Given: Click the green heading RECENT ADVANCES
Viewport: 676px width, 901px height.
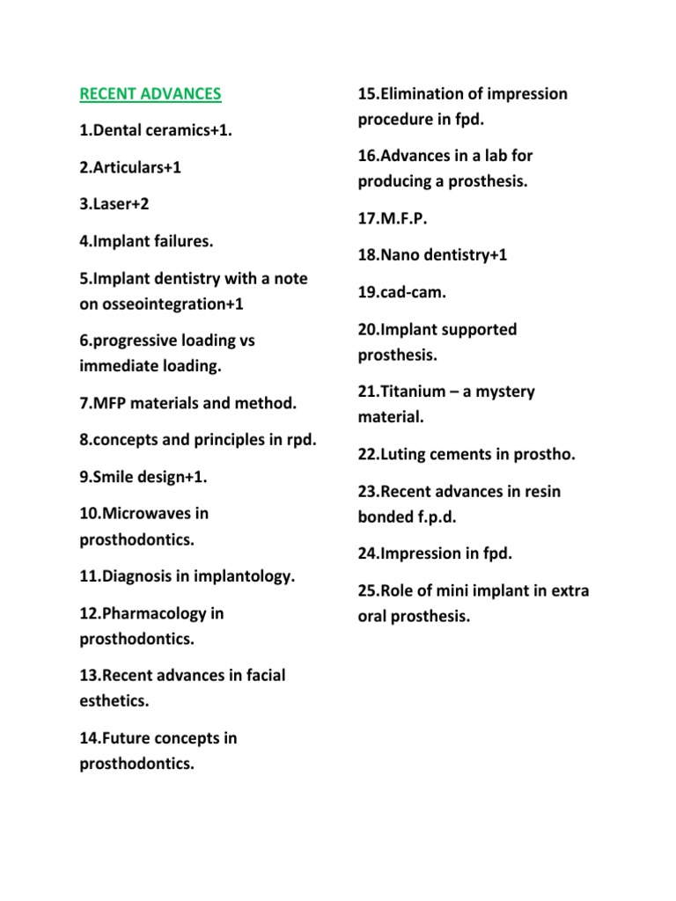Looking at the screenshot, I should point(150,93).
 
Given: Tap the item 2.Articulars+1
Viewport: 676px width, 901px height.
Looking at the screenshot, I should point(130,167).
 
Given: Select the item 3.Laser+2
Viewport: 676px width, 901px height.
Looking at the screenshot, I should point(115,203).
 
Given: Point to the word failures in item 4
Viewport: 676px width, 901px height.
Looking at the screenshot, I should point(183,240).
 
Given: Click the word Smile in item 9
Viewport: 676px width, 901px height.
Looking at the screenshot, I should point(118,476).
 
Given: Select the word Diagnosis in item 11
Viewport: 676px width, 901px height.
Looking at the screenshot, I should point(143,576).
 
